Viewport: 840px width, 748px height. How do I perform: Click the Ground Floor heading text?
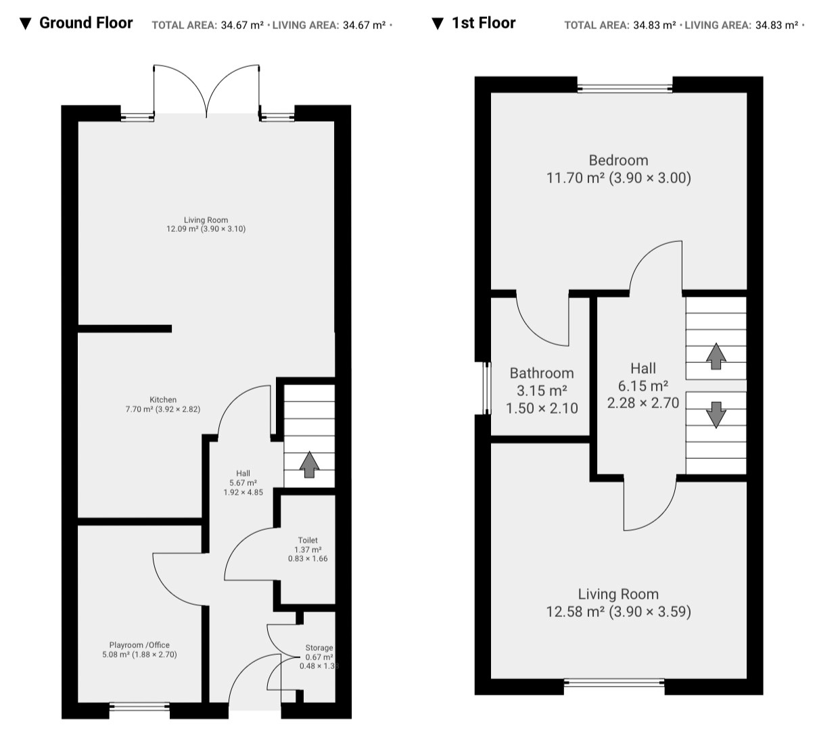click(86, 23)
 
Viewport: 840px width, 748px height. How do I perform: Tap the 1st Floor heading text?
click(484, 23)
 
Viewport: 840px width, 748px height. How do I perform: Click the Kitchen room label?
click(163, 400)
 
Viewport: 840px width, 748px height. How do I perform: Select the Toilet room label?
click(308, 540)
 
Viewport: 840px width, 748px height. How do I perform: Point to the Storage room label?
click(319, 648)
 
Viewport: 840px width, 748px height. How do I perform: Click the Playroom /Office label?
click(139, 645)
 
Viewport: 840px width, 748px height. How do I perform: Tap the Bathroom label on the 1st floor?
click(542, 373)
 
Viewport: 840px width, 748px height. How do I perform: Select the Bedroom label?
click(618, 160)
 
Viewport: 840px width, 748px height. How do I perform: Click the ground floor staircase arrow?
click(309, 465)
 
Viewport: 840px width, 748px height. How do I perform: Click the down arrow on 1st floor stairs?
click(716, 415)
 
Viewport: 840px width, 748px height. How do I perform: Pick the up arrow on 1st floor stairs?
click(716, 356)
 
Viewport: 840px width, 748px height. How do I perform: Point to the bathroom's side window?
click(487, 388)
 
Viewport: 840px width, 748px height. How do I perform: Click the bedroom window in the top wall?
click(625, 88)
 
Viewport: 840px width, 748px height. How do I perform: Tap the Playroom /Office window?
click(139, 706)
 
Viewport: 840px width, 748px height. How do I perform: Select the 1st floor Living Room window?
click(614, 683)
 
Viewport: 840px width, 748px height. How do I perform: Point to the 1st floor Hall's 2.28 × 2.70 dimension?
click(643, 403)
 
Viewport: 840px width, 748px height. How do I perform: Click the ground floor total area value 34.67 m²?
click(242, 25)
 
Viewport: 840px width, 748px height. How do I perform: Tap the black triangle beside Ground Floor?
click(26, 24)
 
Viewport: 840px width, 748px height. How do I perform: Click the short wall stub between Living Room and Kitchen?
click(125, 329)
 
